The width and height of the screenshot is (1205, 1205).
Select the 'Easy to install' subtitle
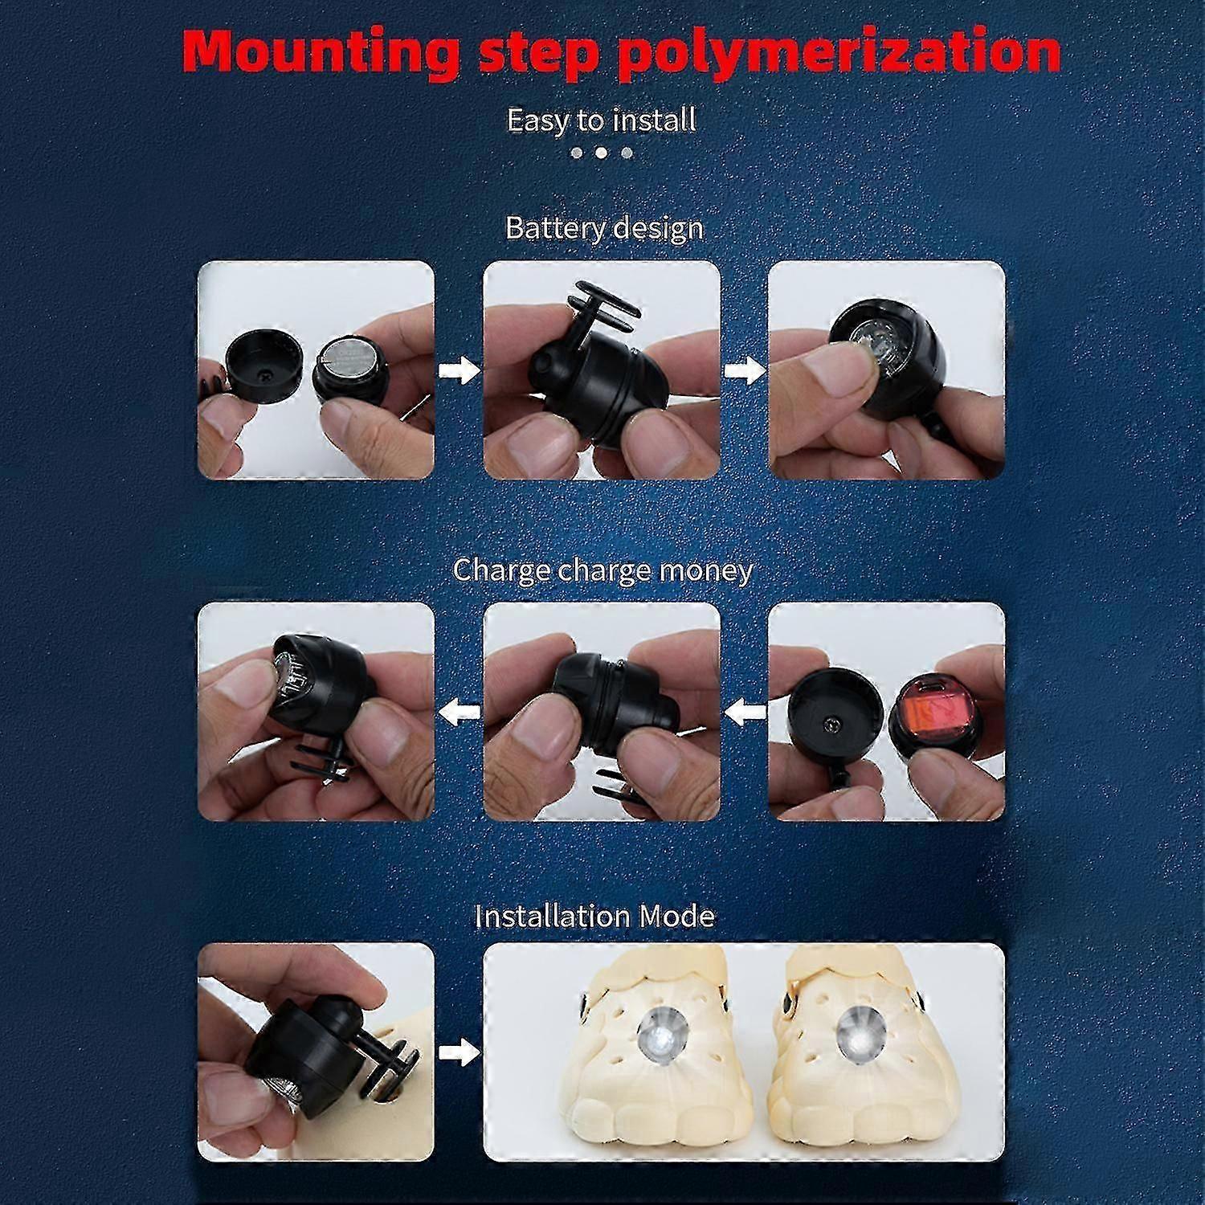point(602,120)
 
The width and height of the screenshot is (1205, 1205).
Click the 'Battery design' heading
point(604,228)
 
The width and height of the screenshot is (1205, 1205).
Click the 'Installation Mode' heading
point(594,916)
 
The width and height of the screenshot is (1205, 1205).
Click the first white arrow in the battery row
point(459,370)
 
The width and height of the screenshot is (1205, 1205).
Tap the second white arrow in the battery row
point(744,370)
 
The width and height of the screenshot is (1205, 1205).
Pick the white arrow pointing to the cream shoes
point(459,1052)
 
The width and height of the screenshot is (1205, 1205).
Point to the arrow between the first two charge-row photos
point(459,711)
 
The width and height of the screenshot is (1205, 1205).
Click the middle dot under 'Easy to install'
point(601,153)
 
